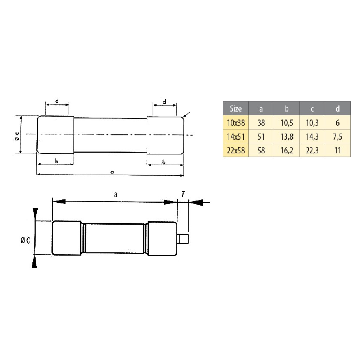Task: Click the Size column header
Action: pos(235,108)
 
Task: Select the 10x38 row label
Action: pos(236,123)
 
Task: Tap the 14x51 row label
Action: pos(236,137)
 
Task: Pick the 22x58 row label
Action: pos(236,150)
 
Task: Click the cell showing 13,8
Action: pos(287,137)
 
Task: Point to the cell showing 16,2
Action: pos(287,150)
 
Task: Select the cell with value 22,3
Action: pos(312,150)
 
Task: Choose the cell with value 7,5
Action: pos(338,137)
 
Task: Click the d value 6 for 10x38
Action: pos(338,123)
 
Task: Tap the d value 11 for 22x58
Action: pos(338,150)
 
